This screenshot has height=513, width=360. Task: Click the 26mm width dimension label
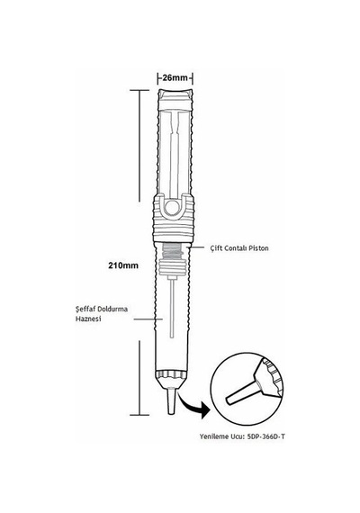(x=175, y=78)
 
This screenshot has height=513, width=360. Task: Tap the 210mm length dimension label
(x=123, y=265)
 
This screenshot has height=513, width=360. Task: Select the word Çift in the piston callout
(x=216, y=248)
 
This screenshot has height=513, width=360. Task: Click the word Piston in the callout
(x=258, y=248)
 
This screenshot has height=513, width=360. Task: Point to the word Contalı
(x=236, y=248)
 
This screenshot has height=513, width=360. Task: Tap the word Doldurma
(x=112, y=310)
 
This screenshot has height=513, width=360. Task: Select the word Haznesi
(x=88, y=319)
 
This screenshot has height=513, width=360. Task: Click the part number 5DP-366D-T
(x=265, y=436)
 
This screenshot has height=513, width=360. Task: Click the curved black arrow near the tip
(x=193, y=405)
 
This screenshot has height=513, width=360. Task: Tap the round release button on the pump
(x=172, y=207)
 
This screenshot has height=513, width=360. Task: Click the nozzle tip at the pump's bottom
(x=171, y=400)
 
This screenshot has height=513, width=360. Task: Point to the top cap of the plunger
(x=175, y=100)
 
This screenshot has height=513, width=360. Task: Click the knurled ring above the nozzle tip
(x=172, y=375)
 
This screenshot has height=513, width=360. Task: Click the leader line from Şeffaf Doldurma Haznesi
(x=148, y=319)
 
